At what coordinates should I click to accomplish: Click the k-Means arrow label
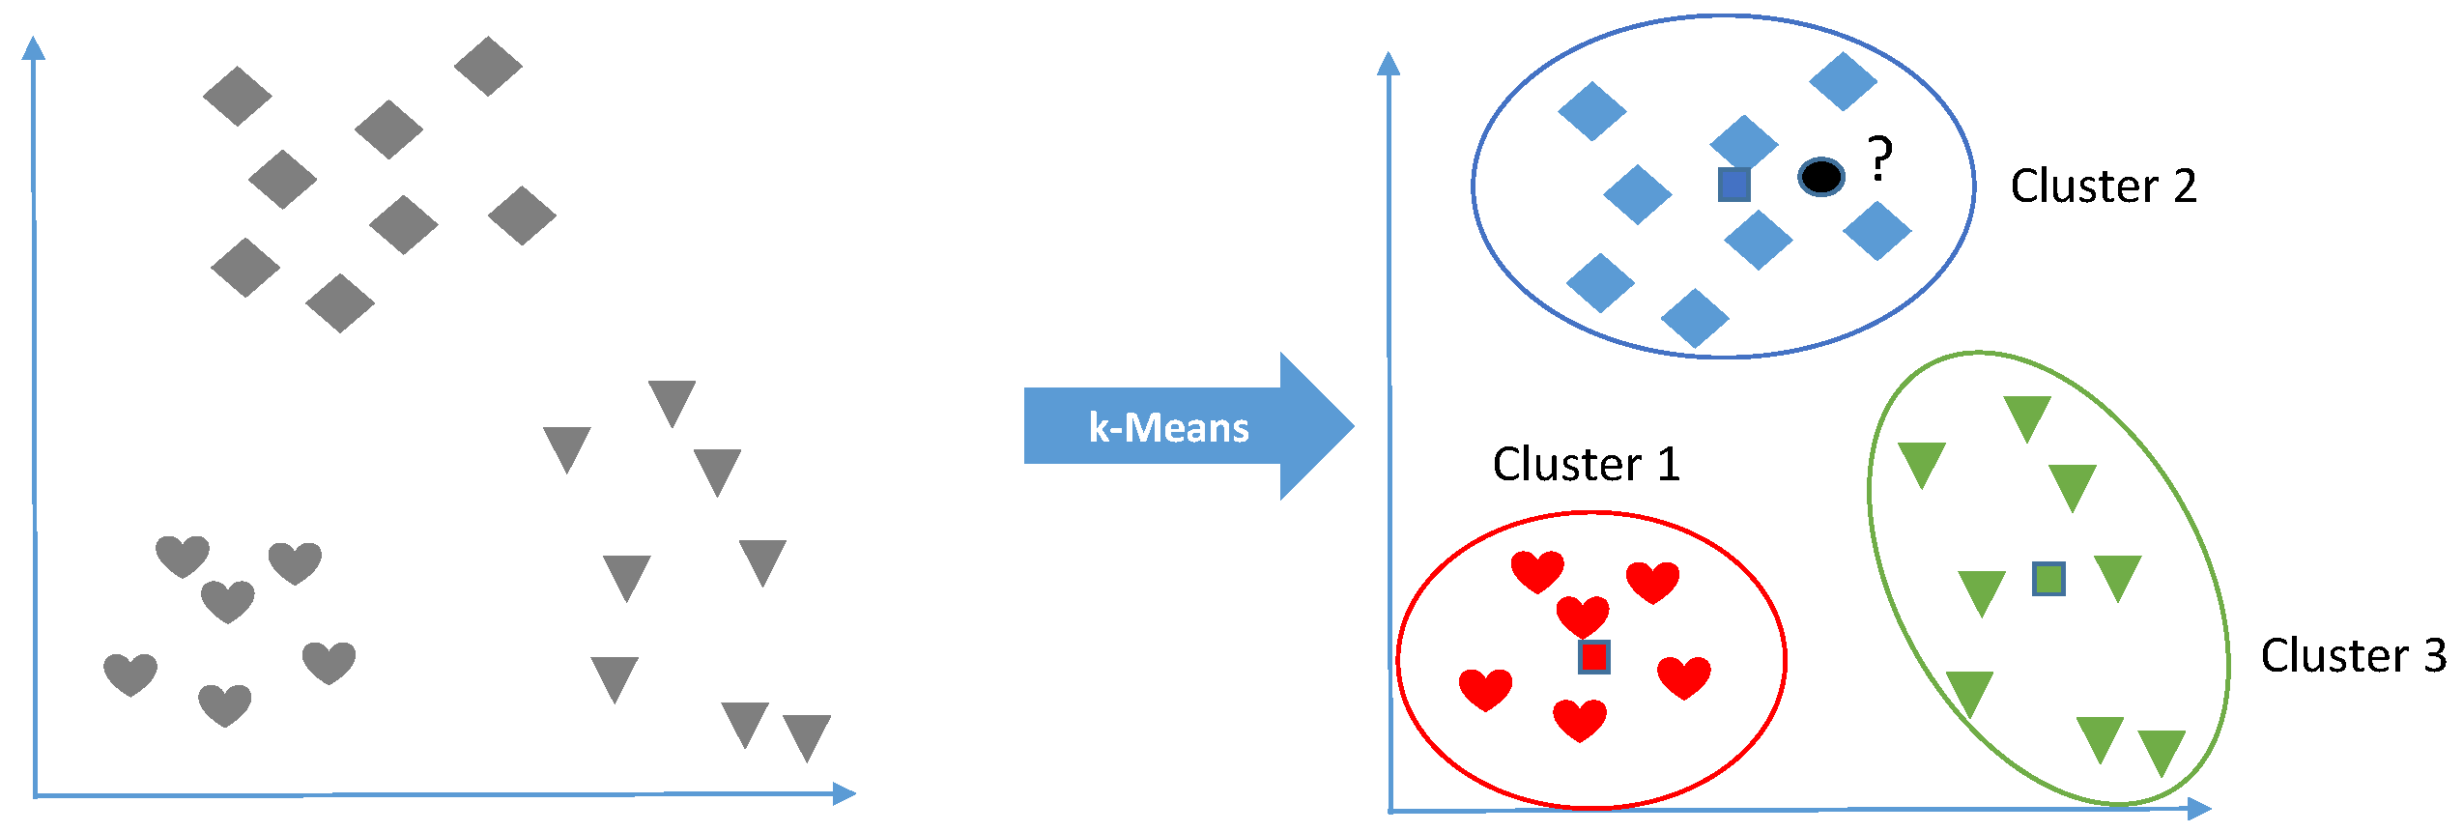tap(1168, 427)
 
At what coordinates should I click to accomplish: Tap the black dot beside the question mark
tap(1821, 177)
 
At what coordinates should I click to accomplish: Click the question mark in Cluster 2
tap(1879, 158)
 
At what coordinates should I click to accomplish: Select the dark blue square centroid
tap(1734, 184)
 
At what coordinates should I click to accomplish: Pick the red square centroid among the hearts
tap(1593, 657)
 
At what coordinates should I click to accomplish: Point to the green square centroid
tap(2048, 579)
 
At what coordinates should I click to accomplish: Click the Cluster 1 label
tap(1586, 465)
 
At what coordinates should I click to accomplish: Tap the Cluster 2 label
tap(2104, 186)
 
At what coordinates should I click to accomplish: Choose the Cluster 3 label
tap(2353, 655)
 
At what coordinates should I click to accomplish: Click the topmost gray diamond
tap(488, 66)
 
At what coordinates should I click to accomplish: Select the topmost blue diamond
tap(1843, 81)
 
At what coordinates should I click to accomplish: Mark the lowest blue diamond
tap(1695, 318)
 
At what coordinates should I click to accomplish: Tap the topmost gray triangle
tap(673, 403)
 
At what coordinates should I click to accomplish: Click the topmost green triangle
tap(2027, 418)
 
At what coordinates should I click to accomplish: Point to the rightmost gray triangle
tap(807, 737)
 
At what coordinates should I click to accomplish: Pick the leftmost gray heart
tap(130, 674)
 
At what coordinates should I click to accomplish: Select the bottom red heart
tap(1580, 720)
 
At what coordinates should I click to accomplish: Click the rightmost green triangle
tap(2162, 753)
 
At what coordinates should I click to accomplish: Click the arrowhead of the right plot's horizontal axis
tap(2199, 809)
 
